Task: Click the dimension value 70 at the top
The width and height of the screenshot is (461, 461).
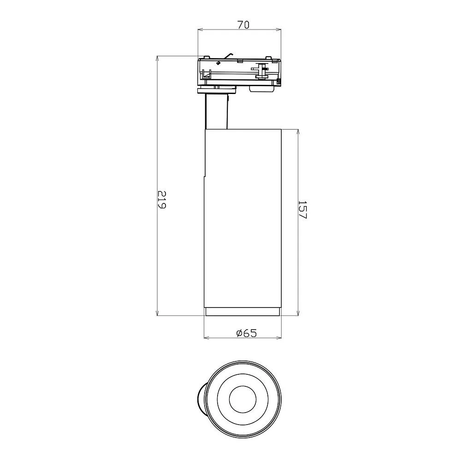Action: pyautogui.click(x=243, y=25)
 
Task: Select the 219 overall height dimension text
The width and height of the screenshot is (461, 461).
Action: pyautogui.click(x=162, y=200)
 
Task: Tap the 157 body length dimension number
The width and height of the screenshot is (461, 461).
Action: pyautogui.click(x=302, y=210)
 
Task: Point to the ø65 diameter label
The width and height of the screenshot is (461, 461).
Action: pyautogui.click(x=246, y=333)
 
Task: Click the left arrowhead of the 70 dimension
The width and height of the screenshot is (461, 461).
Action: pyautogui.click(x=201, y=30)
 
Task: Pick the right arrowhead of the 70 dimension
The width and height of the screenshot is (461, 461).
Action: pyautogui.click(x=278, y=30)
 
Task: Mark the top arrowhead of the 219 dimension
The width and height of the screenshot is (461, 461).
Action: pyautogui.click(x=158, y=59)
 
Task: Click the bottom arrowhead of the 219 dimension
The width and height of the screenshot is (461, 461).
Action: pyautogui.click(x=158, y=313)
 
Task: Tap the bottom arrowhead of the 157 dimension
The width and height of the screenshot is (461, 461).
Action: pyautogui.click(x=298, y=313)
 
